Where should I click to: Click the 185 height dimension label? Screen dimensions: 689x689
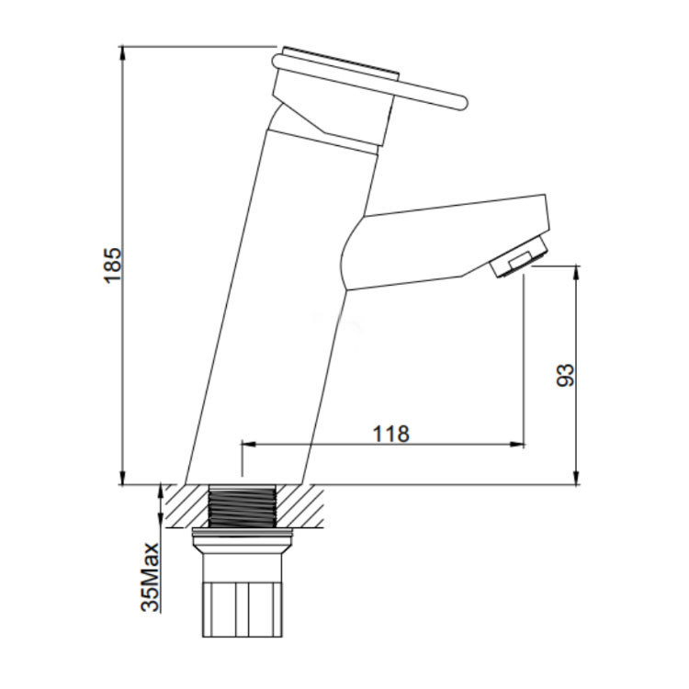112,265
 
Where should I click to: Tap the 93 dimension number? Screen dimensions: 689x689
566,375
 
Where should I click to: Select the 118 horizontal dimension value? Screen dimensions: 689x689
391,434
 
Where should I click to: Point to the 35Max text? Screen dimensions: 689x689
151,577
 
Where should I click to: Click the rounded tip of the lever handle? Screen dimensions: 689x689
461,103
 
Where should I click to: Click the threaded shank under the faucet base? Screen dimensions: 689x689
243,506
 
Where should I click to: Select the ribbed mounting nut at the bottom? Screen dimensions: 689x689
243,609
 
